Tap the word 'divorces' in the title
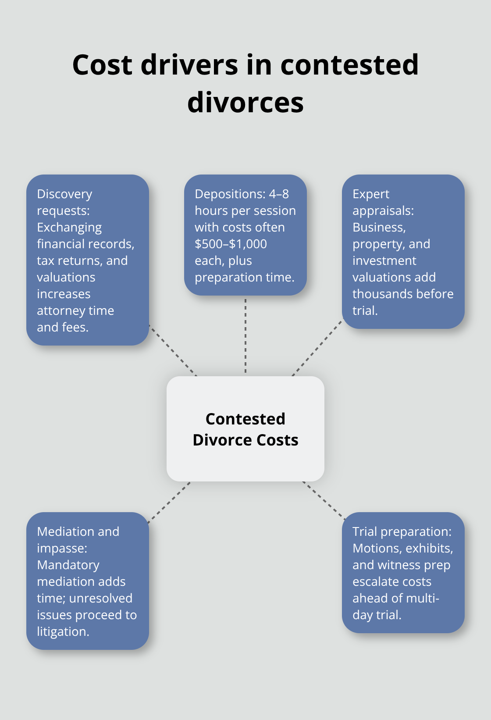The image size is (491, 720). [245, 103]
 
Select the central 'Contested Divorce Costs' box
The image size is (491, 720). [245, 429]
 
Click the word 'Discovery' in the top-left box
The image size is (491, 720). [64, 194]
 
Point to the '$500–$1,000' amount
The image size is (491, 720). [231, 244]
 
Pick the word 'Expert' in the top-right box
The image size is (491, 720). [371, 194]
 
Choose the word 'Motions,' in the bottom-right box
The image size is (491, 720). [377, 548]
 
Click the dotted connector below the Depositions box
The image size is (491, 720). [245, 336]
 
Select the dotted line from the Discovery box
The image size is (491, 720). [173, 350]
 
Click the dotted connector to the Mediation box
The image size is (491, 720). [169, 503]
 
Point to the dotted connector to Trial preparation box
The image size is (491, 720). [323, 500]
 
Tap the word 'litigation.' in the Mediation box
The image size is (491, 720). [63, 631]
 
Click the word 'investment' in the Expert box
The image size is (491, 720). [384, 260]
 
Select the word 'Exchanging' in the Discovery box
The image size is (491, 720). [69, 227]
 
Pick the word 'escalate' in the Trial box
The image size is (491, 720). [373, 581]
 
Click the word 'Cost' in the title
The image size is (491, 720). [102, 65]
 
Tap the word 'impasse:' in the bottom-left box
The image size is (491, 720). [62, 548]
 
